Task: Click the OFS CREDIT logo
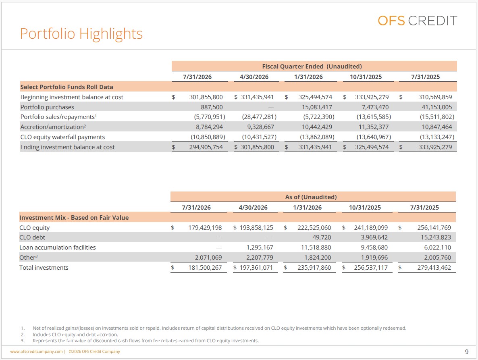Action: pos(417,21)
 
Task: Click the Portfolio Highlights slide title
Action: pos(81,34)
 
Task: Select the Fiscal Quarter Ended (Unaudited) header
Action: pos(312,67)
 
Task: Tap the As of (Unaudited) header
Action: pos(311,197)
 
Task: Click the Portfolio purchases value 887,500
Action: pos(212,107)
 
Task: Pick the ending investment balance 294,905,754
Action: pos(206,147)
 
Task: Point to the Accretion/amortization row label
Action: pos(53,127)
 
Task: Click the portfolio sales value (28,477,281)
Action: pos(259,117)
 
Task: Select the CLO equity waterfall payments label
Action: pos(62,137)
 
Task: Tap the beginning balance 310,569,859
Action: pos(435,97)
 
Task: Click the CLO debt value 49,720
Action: pos(322,237)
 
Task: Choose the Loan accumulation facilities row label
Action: pos(58,248)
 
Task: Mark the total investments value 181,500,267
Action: pos(205,268)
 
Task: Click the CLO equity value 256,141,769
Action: pos(434,227)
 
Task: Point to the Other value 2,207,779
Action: pos(260,258)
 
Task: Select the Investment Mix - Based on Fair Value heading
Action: pos(74,218)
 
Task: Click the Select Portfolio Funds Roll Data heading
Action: pos(67,87)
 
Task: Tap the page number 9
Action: pos(467,352)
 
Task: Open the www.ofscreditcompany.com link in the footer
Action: pos(36,352)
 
